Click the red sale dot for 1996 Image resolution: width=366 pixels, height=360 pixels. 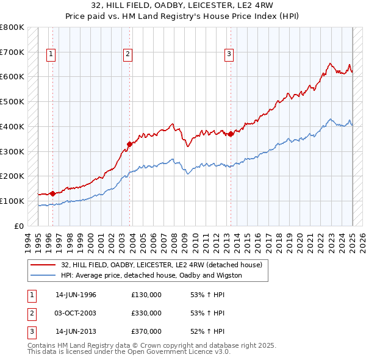(x=52, y=193)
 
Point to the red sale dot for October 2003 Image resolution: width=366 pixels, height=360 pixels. (x=129, y=144)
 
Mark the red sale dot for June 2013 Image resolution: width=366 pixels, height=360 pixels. (x=231, y=134)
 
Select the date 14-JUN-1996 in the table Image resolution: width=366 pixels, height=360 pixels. (x=76, y=295)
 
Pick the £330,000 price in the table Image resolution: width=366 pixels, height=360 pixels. (x=146, y=314)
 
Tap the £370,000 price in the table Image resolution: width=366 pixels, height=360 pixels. (x=146, y=332)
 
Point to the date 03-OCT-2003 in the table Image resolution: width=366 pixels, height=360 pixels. (x=76, y=314)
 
